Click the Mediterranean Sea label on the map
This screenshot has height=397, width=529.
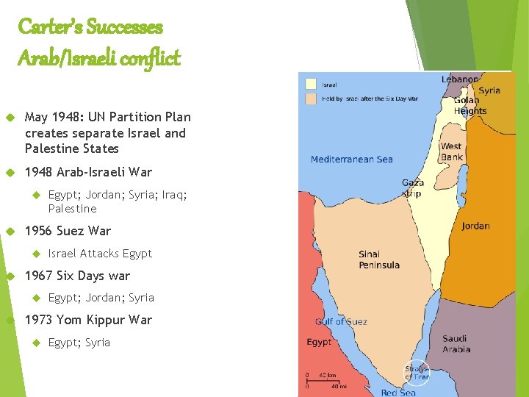pos(351,159)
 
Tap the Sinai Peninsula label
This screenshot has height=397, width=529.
pos(379,260)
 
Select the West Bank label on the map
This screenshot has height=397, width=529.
pos(451,151)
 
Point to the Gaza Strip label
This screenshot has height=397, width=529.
pos(412,188)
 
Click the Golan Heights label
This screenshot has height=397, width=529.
pos(469,106)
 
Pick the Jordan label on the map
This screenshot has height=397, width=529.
pos(475,226)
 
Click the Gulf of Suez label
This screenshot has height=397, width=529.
pos(341,321)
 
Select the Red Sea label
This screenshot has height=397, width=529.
pos(397,393)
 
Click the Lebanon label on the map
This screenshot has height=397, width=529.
pos(460,79)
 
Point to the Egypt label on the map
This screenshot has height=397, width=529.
pos(319,343)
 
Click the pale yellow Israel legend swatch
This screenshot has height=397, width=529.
pos(312,84)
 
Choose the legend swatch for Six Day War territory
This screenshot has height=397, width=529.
pos(312,98)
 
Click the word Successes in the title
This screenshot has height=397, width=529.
pos(124,27)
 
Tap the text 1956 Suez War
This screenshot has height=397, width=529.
pos(68,231)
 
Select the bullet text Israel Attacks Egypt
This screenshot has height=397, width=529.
pos(100,254)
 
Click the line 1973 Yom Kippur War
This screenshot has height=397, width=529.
pos(88,320)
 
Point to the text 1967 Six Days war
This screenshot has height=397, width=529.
pos(77,276)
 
